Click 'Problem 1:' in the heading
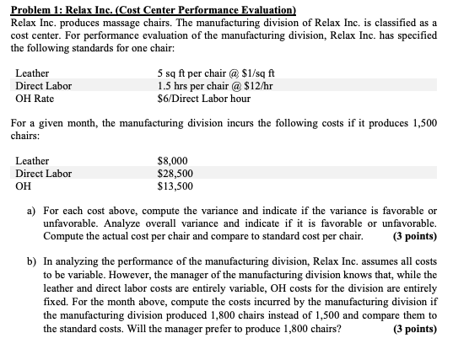click(x=35, y=10)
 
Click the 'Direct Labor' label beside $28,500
click(x=44, y=174)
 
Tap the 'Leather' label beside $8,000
click(x=33, y=161)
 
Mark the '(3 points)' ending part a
click(x=415, y=236)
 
